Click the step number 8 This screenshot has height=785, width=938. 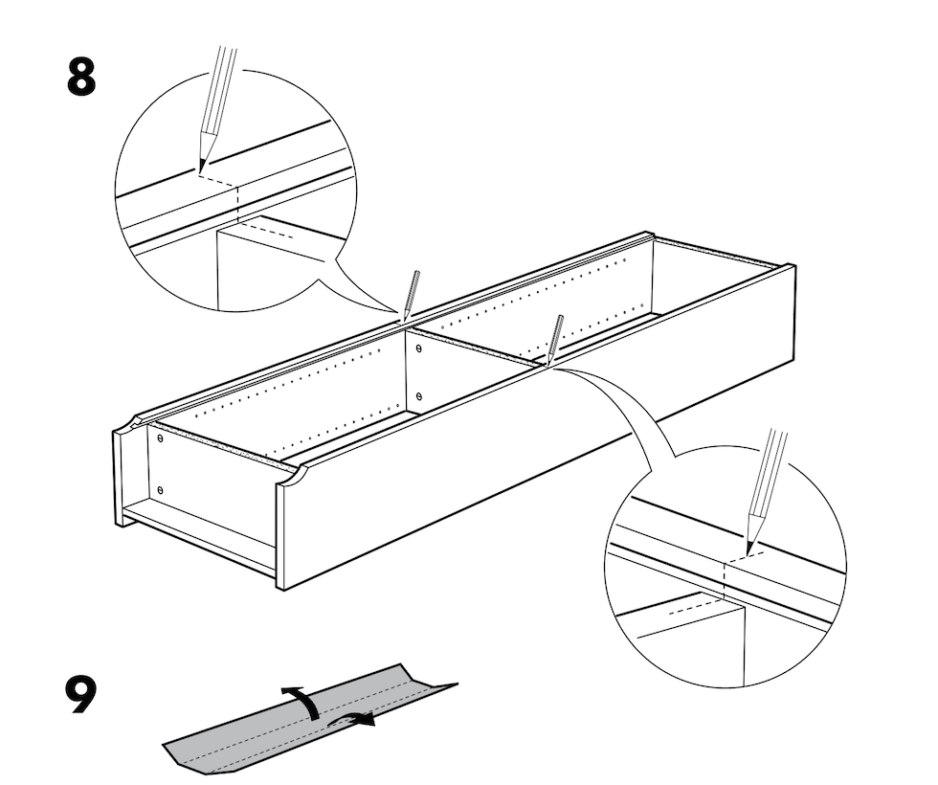click(x=80, y=76)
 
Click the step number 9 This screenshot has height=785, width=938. click(x=80, y=694)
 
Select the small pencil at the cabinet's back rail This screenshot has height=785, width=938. click(x=412, y=294)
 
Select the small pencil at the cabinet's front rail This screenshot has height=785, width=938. click(x=554, y=339)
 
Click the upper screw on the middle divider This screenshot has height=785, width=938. click(x=418, y=348)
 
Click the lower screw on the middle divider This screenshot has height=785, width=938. click(x=419, y=396)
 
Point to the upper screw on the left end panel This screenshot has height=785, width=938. click(x=161, y=438)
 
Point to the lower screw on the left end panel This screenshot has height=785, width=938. click(x=161, y=490)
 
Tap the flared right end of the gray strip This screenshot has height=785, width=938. click(x=439, y=688)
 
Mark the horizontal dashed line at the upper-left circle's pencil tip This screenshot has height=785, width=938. click(x=219, y=180)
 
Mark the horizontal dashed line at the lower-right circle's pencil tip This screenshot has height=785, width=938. click(x=745, y=557)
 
